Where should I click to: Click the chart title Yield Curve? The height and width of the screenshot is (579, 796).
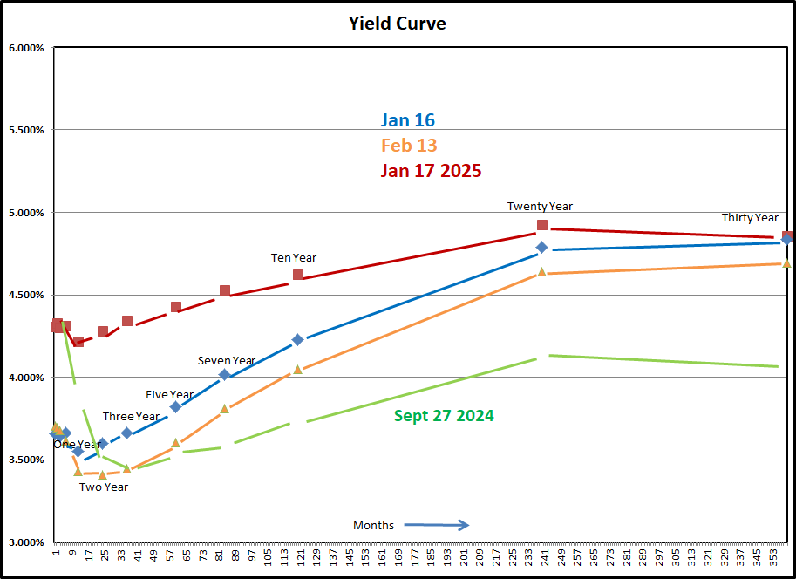[398, 24]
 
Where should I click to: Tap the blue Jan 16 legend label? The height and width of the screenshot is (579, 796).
[407, 120]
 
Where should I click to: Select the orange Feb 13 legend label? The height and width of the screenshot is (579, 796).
[409, 146]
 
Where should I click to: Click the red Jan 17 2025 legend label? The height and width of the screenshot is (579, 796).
[431, 171]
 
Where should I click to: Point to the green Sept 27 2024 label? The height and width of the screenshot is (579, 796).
[444, 416]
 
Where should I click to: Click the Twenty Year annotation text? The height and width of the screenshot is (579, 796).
[540, 207]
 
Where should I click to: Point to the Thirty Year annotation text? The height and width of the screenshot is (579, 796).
[750, 218]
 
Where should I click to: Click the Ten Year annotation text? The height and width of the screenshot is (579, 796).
[294, 258]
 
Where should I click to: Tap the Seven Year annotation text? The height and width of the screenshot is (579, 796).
[227, 361]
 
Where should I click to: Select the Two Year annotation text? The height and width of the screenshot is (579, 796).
[104, 487]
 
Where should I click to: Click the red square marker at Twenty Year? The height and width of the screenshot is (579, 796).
[542, 225]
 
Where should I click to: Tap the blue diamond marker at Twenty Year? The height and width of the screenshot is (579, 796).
[541, 248]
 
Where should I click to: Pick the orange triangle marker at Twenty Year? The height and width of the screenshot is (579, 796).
[541, 272]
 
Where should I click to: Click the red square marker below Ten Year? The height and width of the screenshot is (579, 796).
[298, 275]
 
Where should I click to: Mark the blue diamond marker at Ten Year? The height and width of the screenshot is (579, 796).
[297, 339]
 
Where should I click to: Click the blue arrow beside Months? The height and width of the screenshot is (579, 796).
[437, 525]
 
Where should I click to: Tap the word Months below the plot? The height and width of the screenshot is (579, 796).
[373, 525]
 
